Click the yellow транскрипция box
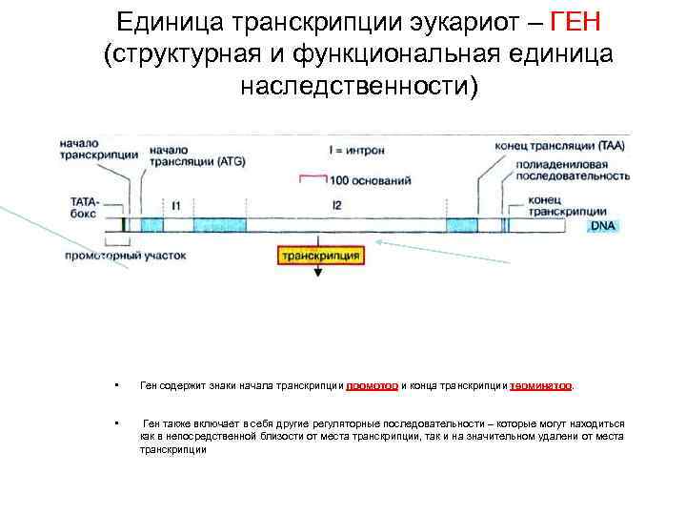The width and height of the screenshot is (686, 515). pos(318,256)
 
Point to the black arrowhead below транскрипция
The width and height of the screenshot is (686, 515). pos(318,273)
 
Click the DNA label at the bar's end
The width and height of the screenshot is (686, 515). pos(602,226)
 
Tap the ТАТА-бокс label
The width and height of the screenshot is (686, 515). pos(85,209)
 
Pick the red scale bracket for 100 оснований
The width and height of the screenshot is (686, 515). pos(313,176)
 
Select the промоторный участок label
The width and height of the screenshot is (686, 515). pos(125,256)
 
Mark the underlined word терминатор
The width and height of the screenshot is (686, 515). pos(540,385)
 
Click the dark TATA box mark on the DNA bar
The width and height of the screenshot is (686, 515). pos(123,225)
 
